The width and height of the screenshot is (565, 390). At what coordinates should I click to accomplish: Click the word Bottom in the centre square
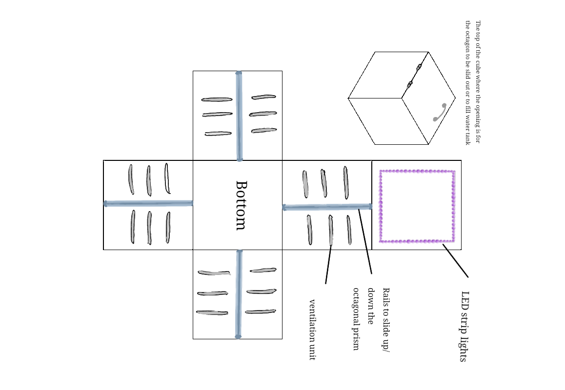[241, 205]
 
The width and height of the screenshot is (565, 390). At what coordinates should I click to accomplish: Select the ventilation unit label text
[312, 330]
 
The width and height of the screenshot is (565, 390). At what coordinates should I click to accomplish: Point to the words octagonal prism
[357, 319]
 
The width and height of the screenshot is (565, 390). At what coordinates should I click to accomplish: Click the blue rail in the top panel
[239, 116]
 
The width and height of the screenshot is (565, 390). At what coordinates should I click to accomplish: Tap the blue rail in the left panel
[148, 203]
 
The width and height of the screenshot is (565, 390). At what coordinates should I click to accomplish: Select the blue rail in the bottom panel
[239, 294]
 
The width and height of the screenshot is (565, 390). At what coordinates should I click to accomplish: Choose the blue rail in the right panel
[327, 207]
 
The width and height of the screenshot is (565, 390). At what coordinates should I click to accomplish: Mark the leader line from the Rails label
[365, 241]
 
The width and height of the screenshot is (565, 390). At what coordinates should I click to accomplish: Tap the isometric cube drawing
[402, 98]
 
